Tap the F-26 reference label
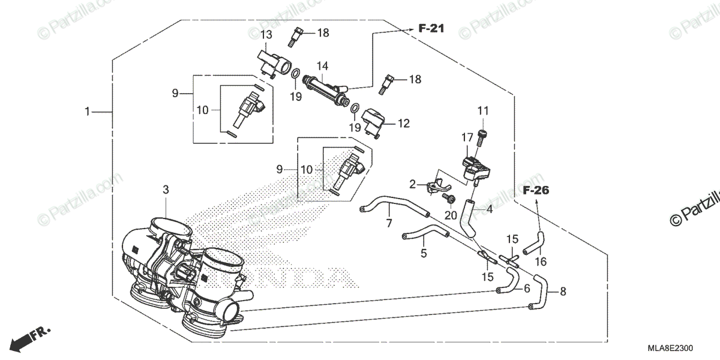pos(536,191)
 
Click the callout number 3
pos(166,190)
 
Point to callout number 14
pos(322,65)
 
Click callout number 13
pos(266,35)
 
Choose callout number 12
pos(403,124)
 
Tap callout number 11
pos(484,110)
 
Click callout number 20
pos(451,215)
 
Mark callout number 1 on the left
pos(87,112)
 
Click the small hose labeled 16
pos(533,244)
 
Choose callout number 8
pos(562,293)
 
